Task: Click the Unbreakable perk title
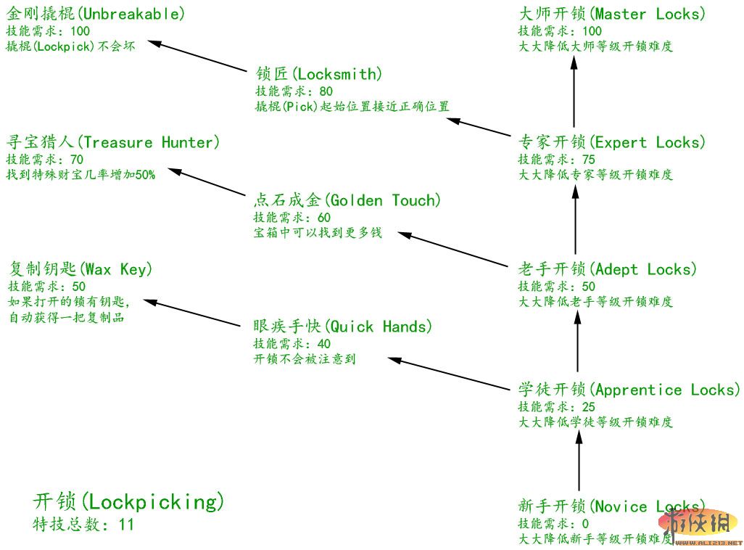95,14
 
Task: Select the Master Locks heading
612,14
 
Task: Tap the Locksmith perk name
319,74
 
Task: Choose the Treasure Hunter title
112,142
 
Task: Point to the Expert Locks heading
612,142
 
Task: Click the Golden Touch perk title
347,200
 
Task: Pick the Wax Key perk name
80,269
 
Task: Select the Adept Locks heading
608,269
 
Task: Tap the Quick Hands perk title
342,327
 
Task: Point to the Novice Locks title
611,506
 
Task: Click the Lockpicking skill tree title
128,501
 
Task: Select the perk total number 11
126,525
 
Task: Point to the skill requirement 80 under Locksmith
326,91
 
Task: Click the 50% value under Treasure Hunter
144,175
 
